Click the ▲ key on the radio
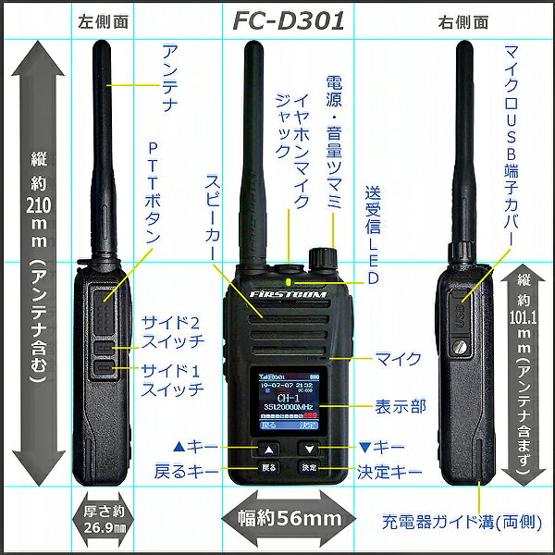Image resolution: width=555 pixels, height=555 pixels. click(268, 449)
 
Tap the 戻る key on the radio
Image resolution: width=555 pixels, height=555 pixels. click(268, 468)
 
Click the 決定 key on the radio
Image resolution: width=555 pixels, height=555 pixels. click(309, 468)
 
